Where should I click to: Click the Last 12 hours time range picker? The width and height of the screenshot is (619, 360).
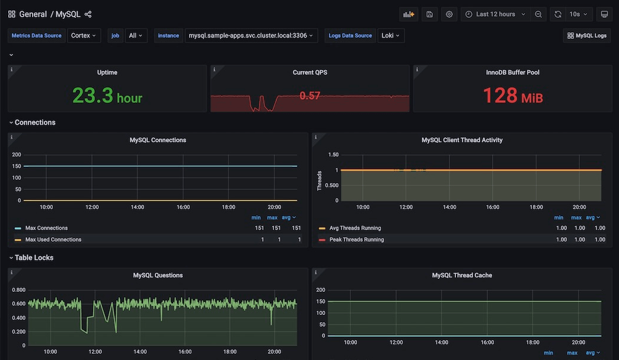(x=496, y=14)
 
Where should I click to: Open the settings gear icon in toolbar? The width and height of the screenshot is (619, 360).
(x=449, y=14)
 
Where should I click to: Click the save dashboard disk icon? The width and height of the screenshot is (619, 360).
(x=430, y=14)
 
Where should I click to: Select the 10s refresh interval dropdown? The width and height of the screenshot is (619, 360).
(x=578, y=14)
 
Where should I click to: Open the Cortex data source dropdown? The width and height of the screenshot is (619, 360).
(x=84, y=36)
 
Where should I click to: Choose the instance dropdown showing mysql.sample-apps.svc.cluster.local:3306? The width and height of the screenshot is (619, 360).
(x=251, y=36)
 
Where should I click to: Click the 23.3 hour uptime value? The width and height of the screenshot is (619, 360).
(x=107, y=95)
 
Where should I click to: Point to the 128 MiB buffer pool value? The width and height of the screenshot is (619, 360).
(x=513, y=95)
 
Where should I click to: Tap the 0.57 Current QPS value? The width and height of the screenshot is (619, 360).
(x=310, y=95)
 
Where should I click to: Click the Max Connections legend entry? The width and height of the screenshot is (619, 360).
(x=46, y=228)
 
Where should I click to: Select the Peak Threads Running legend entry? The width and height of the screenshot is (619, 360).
(x=356, y=240)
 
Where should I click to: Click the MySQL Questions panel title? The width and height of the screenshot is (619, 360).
(x=158, y=275)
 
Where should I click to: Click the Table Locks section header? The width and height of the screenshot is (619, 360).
(x=34, y=257)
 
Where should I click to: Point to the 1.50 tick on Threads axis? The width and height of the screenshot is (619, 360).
(x=333, y=154)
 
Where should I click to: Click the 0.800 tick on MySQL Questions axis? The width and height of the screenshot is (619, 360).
(x=18, y=290)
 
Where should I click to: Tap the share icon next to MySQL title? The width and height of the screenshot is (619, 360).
(x=88, y=14)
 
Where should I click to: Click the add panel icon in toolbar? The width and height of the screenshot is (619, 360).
(x=409, y=14)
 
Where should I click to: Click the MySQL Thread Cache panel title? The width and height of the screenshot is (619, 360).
(x=462, y=275)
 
